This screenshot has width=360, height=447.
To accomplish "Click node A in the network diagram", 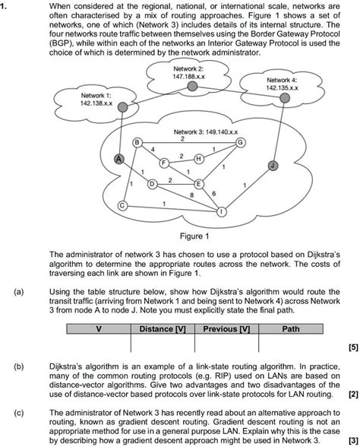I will (x=118, y=158).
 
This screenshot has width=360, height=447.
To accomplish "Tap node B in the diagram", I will (x=137, y=142).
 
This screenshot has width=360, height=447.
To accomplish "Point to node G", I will (x=241, y=142).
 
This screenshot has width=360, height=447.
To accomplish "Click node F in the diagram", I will (x=163, y=162).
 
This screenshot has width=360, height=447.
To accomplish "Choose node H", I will (x=197, y=158).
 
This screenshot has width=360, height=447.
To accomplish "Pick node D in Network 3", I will (x=152, y=184).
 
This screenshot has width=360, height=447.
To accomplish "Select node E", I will (x=199, y=184).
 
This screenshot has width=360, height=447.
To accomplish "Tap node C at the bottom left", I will (x=122, y=206).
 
